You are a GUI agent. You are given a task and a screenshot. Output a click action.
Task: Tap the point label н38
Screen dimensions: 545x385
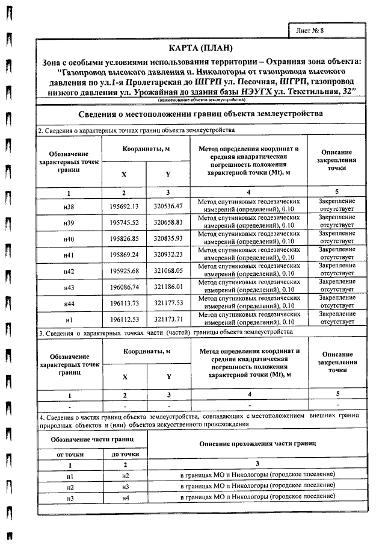69,205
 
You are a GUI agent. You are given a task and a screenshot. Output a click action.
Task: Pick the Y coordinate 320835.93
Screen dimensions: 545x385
168,238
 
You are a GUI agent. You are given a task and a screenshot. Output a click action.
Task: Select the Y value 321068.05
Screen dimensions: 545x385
168,271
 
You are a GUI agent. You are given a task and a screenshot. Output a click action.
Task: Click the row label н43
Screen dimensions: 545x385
69,288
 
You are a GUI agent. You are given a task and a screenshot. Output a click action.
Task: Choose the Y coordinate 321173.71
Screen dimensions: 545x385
168,320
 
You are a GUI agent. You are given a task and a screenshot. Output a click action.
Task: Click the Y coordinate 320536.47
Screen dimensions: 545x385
168,205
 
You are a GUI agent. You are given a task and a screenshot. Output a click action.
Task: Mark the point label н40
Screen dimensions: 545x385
69,238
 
